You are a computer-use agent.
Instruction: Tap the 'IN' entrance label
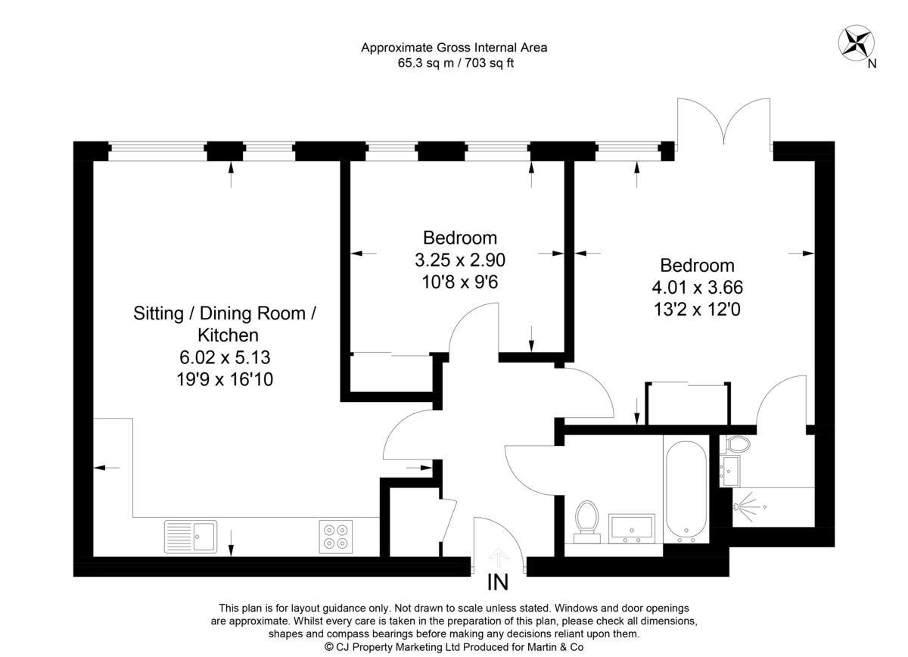[497, 582]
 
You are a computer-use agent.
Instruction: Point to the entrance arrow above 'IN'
[497, 558]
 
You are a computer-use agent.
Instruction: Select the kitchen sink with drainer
[190, 536]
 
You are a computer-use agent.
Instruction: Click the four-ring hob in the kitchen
[336, 536]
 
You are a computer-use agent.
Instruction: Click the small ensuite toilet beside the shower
[736, 444]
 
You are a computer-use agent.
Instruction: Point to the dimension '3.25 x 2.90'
[459, 260]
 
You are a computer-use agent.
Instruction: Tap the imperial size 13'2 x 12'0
[697, 309]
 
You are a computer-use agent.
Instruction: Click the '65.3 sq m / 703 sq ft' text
[456, 64]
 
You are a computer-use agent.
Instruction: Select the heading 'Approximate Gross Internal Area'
[454, 48]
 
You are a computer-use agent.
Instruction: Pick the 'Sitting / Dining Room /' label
[225, 313]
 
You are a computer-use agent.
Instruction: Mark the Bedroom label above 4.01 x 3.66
[697, 266]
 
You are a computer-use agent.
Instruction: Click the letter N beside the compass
[872, 64]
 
